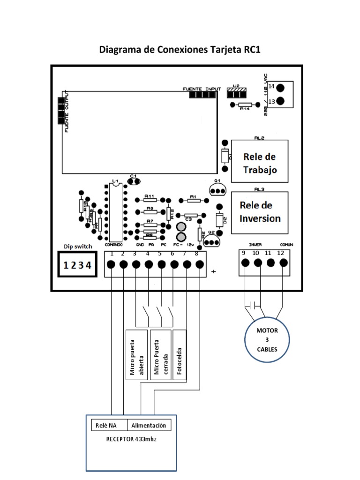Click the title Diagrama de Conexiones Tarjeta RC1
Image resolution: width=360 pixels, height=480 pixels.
click(180, 50)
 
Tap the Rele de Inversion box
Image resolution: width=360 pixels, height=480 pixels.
click(259, 211)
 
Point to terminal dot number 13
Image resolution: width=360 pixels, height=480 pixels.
click(280, 101)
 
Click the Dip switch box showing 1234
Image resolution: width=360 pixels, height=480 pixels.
click(77, 265)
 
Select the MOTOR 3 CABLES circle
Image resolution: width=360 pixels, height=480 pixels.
click(267, 340)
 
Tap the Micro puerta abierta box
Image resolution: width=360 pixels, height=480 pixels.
click(136, 354)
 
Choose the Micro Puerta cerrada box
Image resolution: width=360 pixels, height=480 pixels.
click(160, 354)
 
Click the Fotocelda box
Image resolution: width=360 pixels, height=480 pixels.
click(180, 354)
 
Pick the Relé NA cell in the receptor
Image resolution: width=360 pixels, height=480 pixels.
click(109, 425)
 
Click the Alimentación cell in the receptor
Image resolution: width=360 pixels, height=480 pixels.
click(149, 425)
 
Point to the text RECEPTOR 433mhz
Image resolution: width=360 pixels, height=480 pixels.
click(131, 440)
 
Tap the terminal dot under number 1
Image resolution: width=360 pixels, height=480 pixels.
click(111, 264)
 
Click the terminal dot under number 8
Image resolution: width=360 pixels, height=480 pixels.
click(200, 264)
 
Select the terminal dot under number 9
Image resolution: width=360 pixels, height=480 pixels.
click(245, 263)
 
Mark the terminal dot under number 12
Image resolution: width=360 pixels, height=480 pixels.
click(283, 263)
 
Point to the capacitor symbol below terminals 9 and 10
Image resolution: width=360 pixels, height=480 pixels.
click(254, 306)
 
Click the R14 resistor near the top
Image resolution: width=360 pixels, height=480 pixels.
click(244, 105)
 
